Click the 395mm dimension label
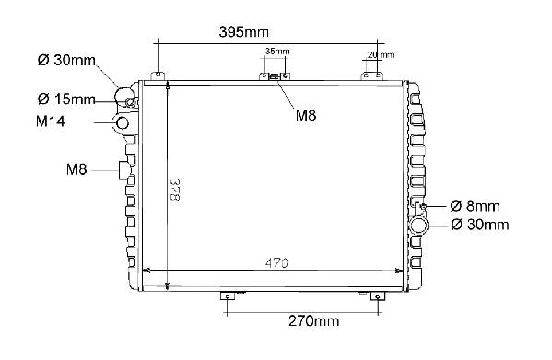pyautogui.click(x=243, y=32)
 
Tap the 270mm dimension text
pyautogui.click(x=313, y=321)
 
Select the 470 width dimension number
pyautogui.click(x=276, y=263)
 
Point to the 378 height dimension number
pyautogui.click(x=175, y=190)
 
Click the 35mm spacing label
pyautogui.click(x=277, y=52)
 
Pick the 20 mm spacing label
pyautogui.click(x=381, y=55)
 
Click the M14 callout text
pyautogui.click(x=51, y=122)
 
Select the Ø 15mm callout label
pyautogui.click(x=66, y=99)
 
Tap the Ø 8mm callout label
pyautogui.click(x=475, y=206)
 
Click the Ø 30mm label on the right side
pyautogui.click(x=480, y=225)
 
